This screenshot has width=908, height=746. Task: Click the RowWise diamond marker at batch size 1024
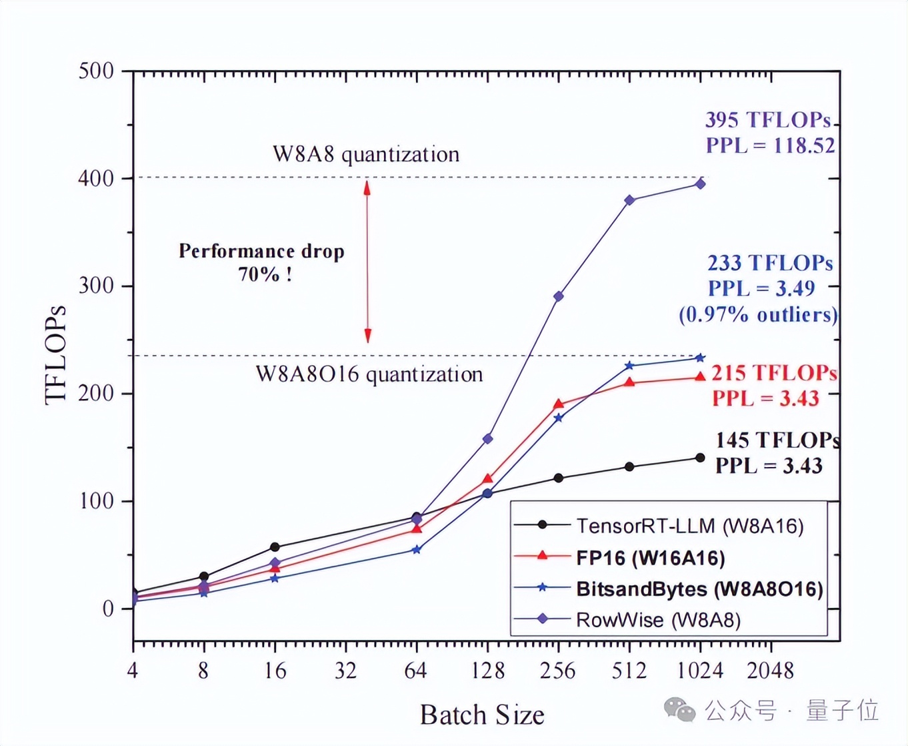(x=700, y=183)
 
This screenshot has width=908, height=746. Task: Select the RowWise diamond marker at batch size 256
(x=559, y=296)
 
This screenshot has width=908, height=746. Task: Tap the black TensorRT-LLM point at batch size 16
(x=275, y=547)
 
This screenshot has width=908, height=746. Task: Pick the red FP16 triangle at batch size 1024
(x=700, y=377)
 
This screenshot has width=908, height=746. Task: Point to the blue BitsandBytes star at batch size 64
(x=417, y=550)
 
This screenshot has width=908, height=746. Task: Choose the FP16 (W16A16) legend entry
(x=650, y=557)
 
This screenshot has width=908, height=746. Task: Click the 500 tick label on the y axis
(x=96, y=71)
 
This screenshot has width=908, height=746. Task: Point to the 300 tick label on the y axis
(x=96, y=286)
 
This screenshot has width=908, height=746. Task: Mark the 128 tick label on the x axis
(x=488, y=670)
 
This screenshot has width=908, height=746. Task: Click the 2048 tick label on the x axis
(x=771, y=670)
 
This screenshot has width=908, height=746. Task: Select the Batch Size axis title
(x=482, y=715)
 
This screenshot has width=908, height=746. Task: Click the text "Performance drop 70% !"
(x=262, y=262)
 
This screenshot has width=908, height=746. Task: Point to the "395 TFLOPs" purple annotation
(x=768, y=120)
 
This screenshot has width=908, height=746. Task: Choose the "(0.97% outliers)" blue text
(x=758, y=314)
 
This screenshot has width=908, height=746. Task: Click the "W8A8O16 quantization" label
(x=369, y=374)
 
